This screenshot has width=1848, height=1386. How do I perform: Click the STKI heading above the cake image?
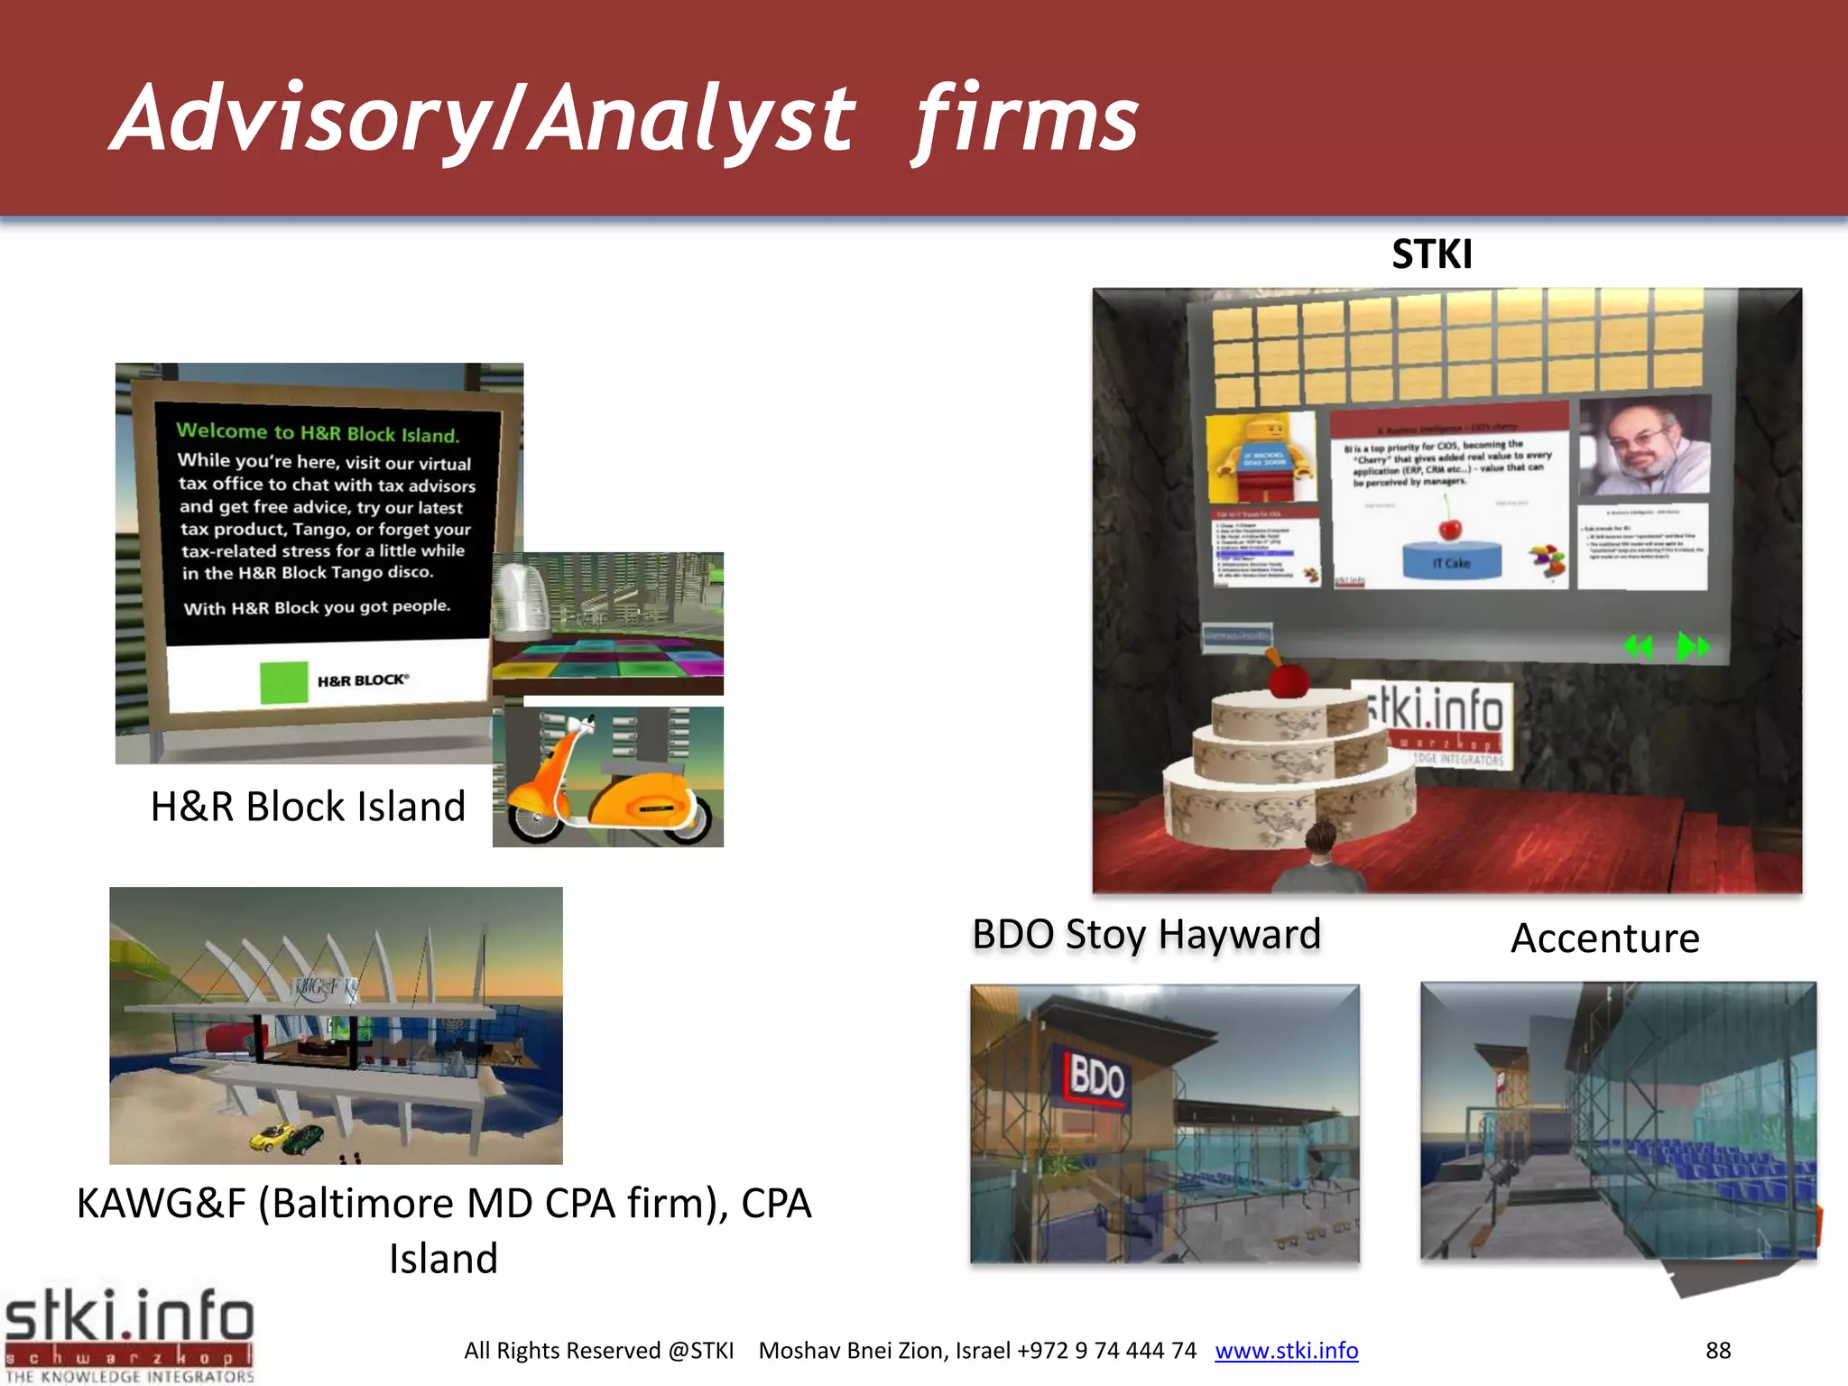1431,254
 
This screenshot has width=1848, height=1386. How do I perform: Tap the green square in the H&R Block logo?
283,682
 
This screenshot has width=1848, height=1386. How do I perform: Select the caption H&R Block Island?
308,806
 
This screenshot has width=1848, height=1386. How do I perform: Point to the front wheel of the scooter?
537,818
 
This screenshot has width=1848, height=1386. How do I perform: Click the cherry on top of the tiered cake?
1288,679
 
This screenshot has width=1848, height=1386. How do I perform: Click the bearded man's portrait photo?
1644,446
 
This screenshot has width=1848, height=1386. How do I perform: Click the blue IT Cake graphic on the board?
1452,559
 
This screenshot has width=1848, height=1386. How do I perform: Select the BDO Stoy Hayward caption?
1146,935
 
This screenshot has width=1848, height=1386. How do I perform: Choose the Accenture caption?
1604,938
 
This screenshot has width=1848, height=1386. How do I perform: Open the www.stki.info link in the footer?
1286,1351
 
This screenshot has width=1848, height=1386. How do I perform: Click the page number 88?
1717,1351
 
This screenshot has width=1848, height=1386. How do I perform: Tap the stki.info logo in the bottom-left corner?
128,1334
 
